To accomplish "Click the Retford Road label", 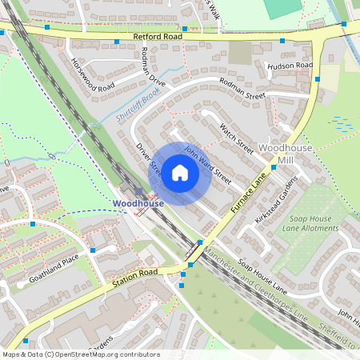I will [158, 37].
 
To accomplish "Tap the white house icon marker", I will [180, 173].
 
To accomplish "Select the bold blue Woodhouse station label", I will [138, 204].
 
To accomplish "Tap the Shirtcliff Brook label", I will [138, 110].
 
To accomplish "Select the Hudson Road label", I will [290, 66].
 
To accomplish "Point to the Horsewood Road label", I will [87, 74].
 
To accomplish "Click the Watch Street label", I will [236, 138].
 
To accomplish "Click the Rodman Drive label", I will [151, 67].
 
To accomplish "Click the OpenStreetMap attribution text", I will [80, 354].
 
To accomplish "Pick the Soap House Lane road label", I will [262, 274].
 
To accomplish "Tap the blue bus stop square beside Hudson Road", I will [318, 79].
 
